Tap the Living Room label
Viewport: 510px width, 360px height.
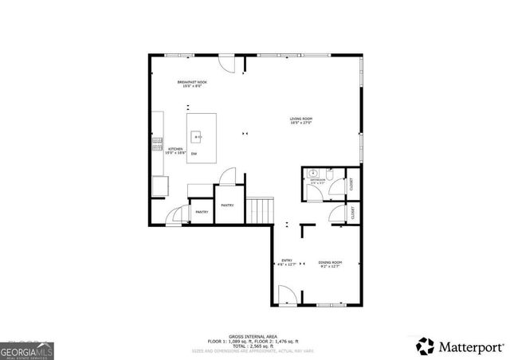300,121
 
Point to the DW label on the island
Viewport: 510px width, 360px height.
194,153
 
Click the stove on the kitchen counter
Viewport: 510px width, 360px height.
157,144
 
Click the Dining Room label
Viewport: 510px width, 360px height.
330,264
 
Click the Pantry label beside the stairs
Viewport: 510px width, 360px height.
228,205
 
